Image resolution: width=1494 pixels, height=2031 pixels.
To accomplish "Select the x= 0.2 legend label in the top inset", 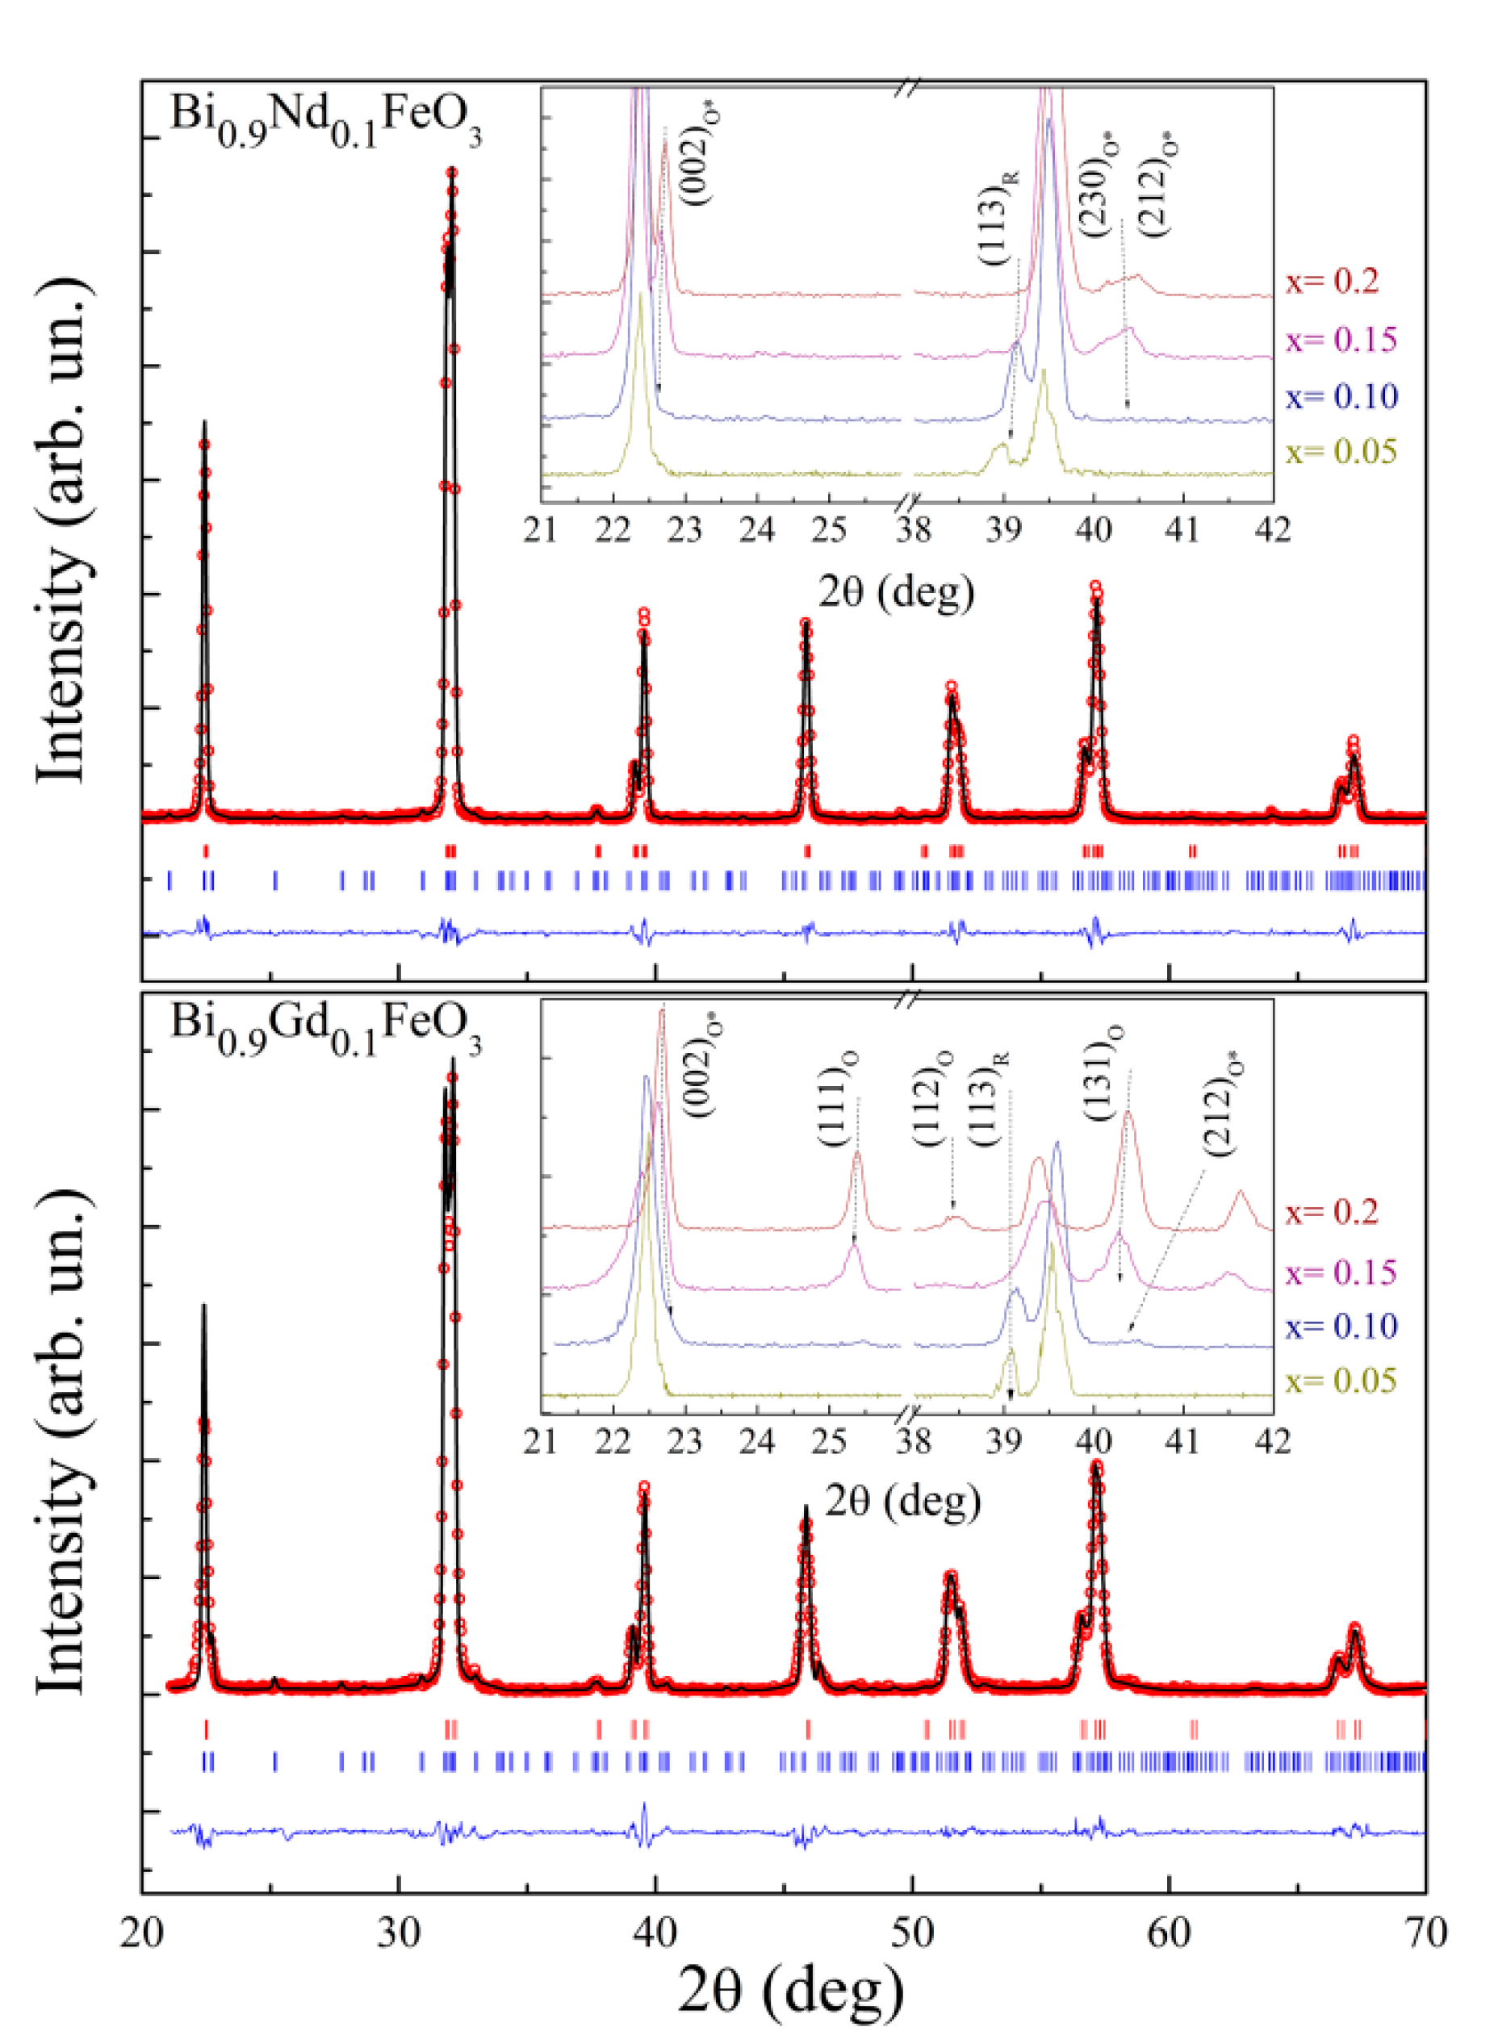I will (1332, 281).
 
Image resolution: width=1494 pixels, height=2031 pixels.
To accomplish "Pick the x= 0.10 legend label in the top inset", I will (1341, 396).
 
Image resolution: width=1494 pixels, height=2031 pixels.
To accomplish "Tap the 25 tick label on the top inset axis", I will (829, 531).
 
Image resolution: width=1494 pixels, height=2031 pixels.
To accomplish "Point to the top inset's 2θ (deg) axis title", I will (895, 592).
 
